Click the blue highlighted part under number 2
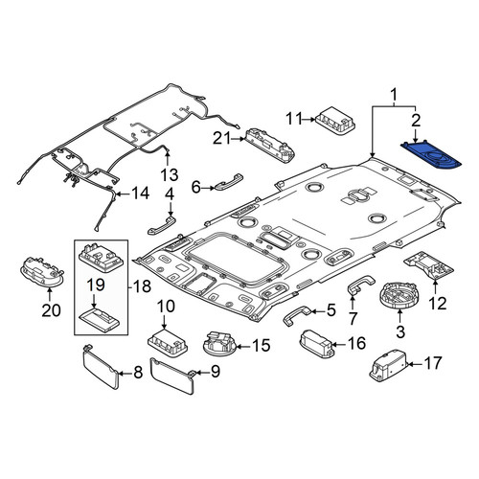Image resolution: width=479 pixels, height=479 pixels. (x=431, y=155)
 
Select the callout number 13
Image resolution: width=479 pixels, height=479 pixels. (x=169, y=174)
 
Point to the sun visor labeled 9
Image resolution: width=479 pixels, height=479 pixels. (x=172, y=376)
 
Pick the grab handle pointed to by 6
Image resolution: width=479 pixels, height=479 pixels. (x=229, y=182)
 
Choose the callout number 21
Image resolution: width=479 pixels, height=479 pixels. (x=222, y=138)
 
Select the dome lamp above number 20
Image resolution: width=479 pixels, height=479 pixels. (x=42, y=272)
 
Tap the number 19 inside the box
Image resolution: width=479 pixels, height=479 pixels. (x=95, y=285)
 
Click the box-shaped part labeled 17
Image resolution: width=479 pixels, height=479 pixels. (x=389, y=366)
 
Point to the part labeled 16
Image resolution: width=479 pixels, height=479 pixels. (x=317, y=344)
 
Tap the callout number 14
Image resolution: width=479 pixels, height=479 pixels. (x=141, y=194)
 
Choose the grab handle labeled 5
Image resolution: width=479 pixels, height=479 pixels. (x=295, y=314)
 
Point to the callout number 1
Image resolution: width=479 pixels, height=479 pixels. (x=394, y=95)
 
